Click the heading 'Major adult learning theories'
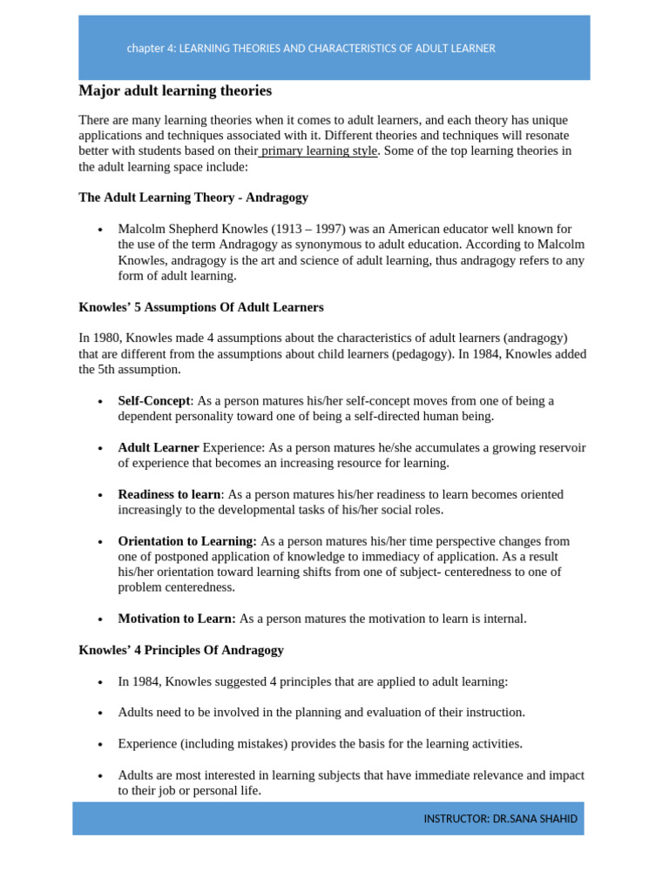[x=175, y=91]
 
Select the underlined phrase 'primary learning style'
[x=320, y=151]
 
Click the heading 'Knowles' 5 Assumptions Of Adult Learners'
[x=201, y=307]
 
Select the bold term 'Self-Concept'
[x=153, y=401]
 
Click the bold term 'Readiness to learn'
[x=170, y=494]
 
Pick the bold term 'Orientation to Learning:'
[x=187, y=541]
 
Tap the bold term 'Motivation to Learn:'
[x=177, y=619]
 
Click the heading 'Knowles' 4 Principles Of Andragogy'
[x=181, y=650]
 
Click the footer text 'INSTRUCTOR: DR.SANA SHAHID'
[x=500, y=819]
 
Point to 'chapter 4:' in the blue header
[x=151, y=49]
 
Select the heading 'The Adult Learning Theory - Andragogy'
[x=193, y=198]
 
